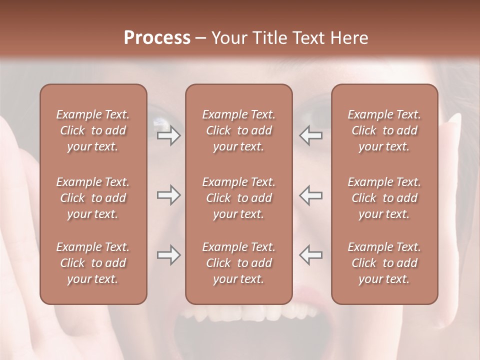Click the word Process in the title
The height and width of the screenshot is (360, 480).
(157, 38)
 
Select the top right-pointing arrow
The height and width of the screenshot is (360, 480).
(168, 136)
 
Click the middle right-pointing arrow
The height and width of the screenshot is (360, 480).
(168, 195)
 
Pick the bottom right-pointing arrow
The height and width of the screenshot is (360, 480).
(168, 255)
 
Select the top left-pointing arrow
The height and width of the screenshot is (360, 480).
(310, 136)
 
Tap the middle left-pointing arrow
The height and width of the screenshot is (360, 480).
(310, 195)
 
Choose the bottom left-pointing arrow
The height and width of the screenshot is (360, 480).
(310, 255)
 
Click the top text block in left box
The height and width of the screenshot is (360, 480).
(93, 130)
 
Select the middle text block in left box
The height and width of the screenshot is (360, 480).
(93, 198)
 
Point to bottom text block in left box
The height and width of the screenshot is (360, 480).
(93, 263)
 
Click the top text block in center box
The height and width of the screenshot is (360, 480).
(238, 130)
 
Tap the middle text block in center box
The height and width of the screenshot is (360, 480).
(238, 198)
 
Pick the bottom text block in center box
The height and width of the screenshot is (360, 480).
(238, 263)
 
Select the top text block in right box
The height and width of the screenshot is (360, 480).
(384, 130)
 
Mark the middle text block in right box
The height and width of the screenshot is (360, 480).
(384, 198)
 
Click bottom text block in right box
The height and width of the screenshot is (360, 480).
(384, 263)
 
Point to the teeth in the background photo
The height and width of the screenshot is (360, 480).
(250, 314)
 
